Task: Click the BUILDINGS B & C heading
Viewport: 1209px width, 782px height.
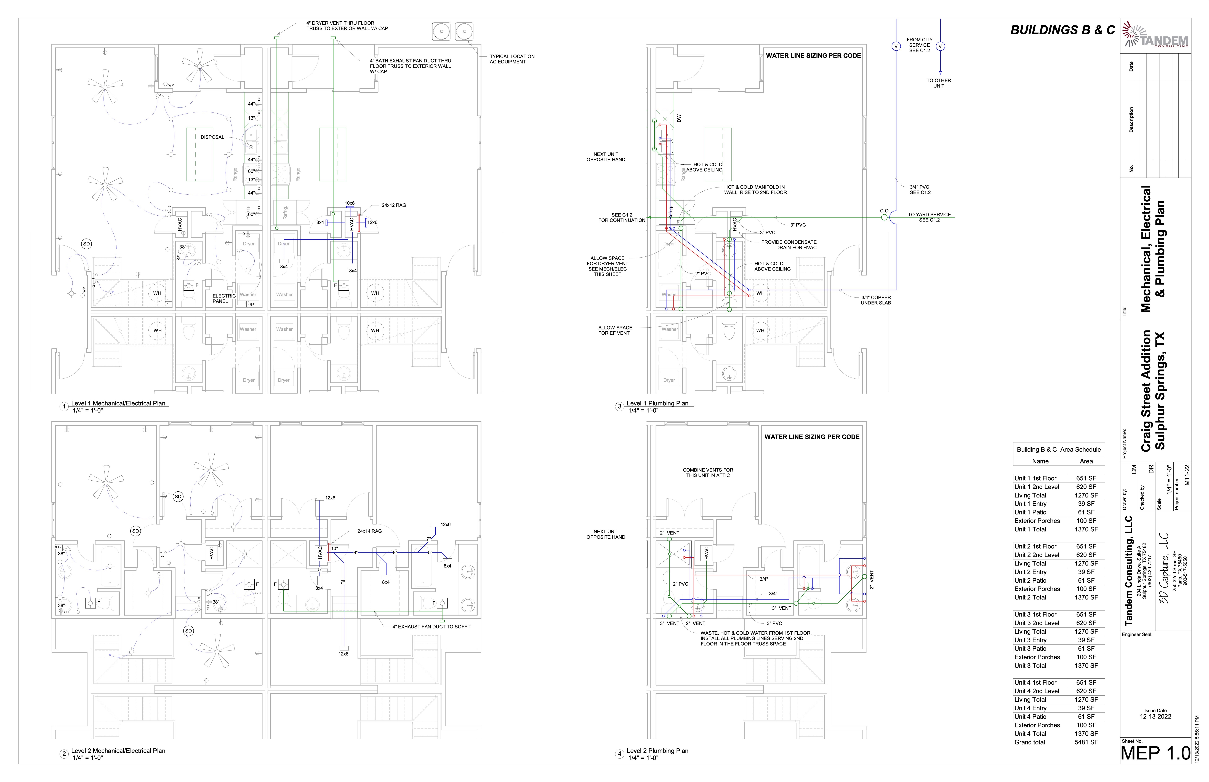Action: pos(1063,30)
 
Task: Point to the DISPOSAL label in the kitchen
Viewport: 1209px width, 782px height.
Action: pos(212,137)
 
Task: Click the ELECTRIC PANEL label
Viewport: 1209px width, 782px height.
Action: pos(223,299)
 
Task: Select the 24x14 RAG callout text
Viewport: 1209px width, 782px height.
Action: pos(369,531)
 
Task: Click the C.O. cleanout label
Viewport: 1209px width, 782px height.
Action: pos(884,211)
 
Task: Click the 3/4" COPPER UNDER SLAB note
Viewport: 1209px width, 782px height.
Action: pos(876,300)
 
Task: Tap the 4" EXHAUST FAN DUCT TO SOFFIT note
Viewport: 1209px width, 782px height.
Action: pos(431,627)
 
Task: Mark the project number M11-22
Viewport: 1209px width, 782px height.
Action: pos(1187,475)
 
